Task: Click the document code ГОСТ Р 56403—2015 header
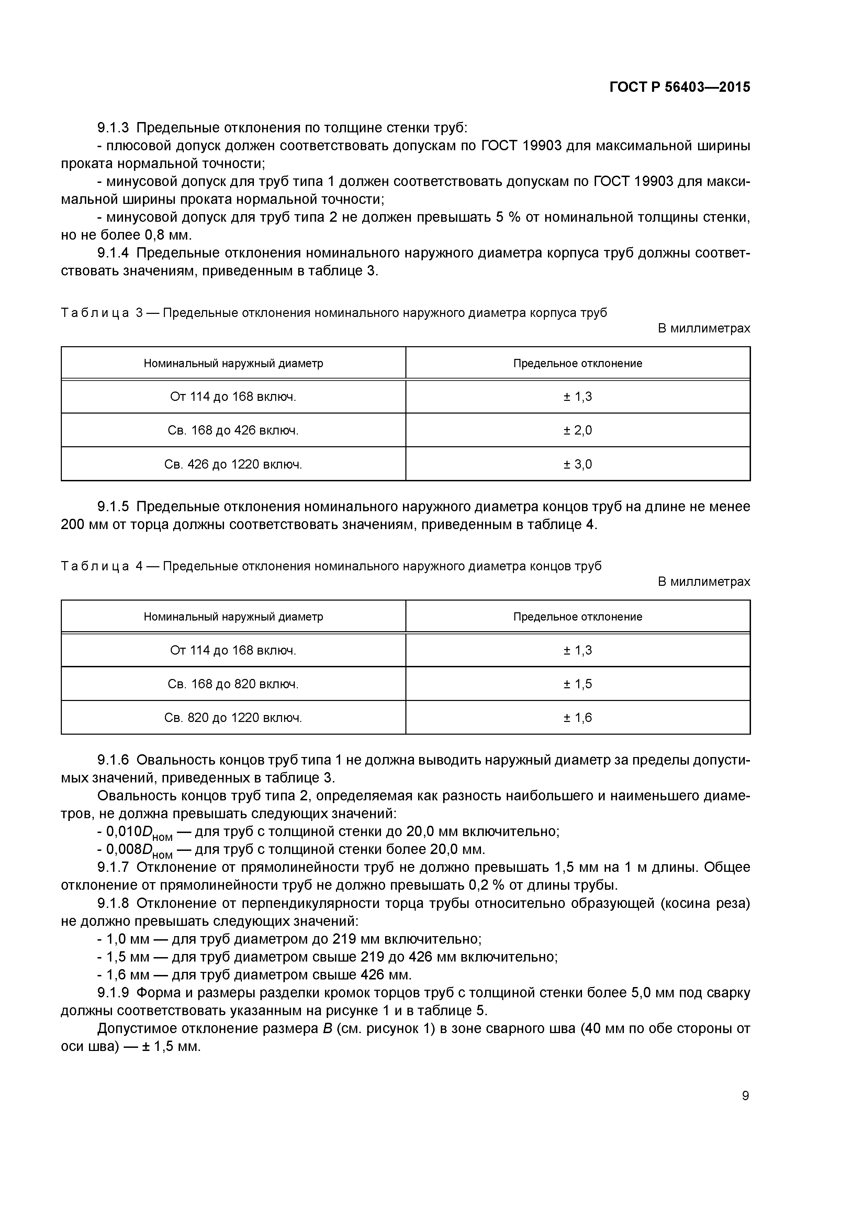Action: [x=680, y=87]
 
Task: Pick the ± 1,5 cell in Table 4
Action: [x=578, y=684]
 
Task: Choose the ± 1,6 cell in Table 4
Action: [x=578, y=717]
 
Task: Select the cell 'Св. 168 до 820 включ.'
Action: [x=233, y=684]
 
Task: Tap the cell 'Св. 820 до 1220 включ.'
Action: [x=233, y=717]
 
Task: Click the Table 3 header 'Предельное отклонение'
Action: [x=578, y=363]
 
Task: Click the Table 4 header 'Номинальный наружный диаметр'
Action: [x=233, y=617]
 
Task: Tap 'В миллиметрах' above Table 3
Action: [x=704, y=329]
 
